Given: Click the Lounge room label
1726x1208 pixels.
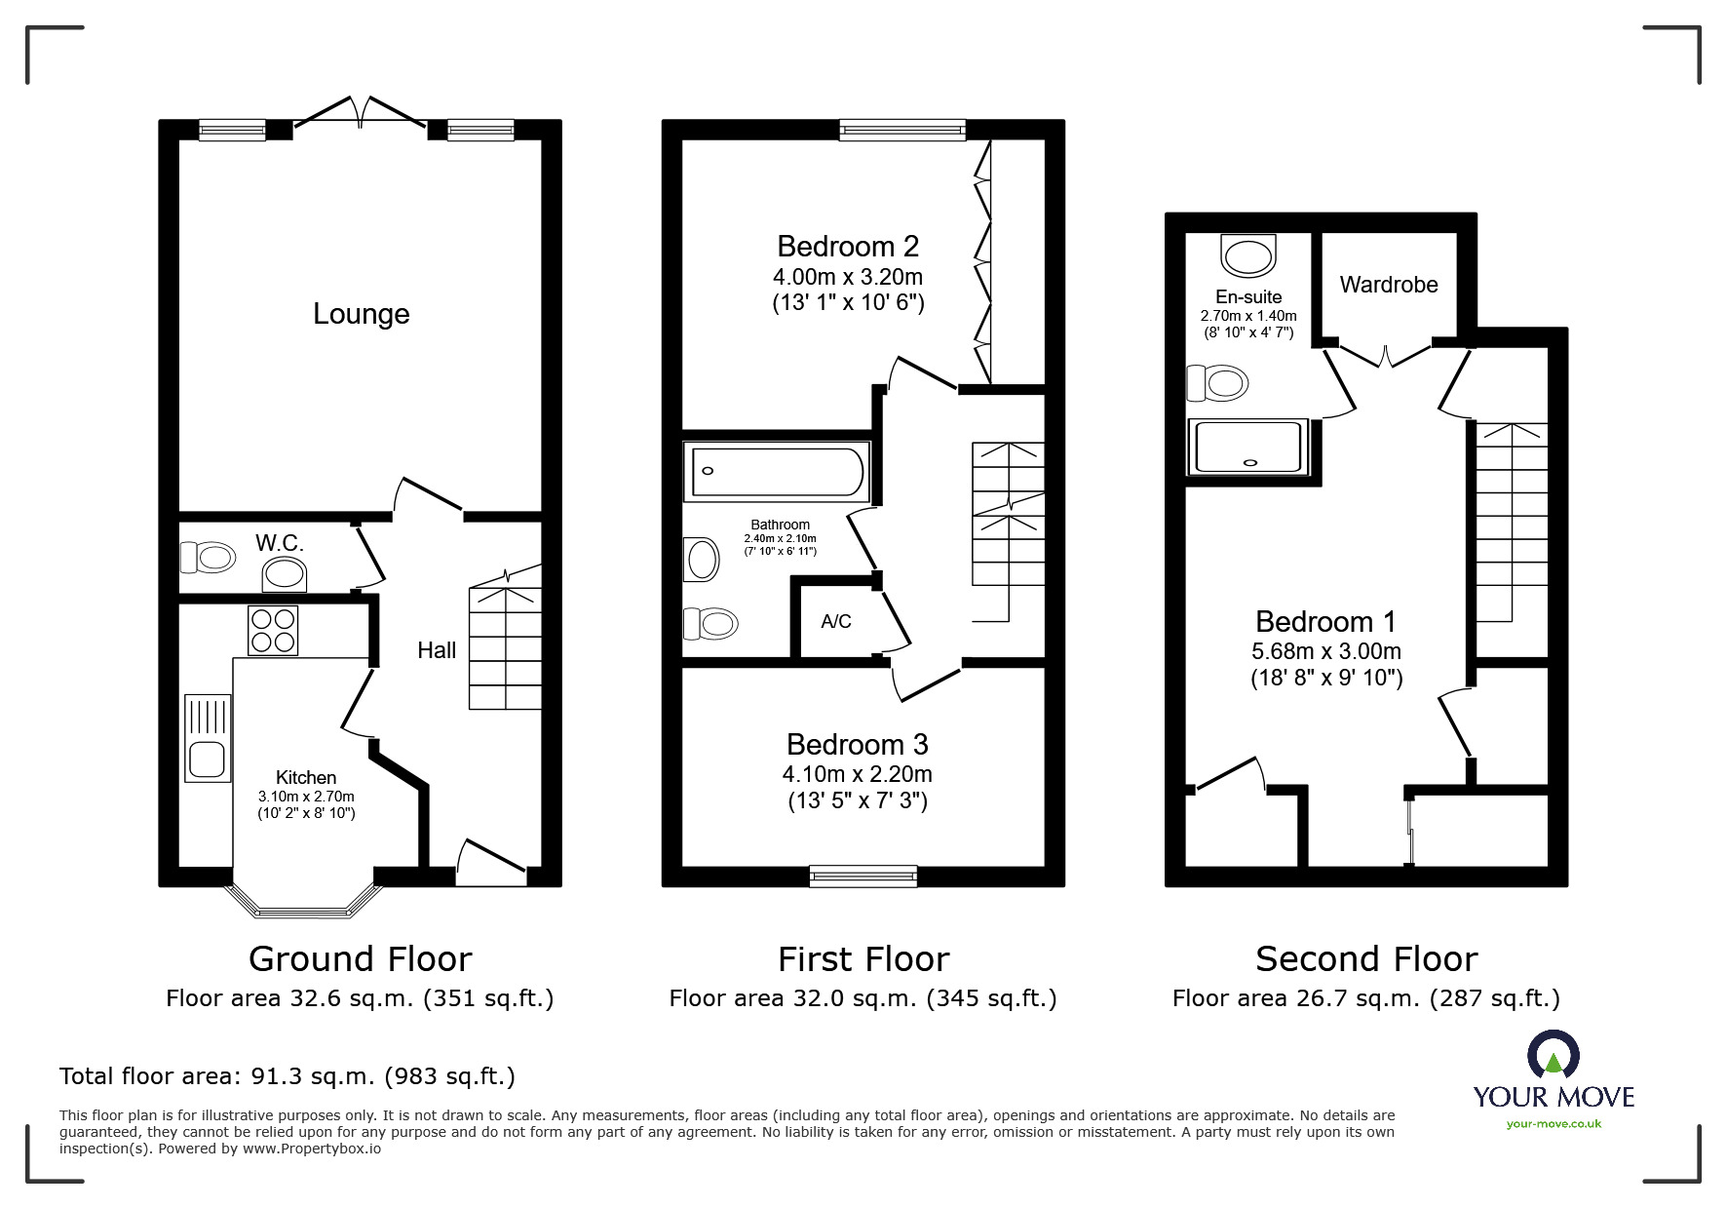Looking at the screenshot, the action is pyautogui.click(x=361, y=314).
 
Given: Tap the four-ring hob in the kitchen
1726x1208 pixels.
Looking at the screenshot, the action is pyautogui.click(x=273, y=630).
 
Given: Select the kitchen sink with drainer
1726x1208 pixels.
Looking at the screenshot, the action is pyautogui.click(x=208, y=737).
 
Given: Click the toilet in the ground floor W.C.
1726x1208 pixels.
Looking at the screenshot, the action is pyautogui.click(x=208, y=558).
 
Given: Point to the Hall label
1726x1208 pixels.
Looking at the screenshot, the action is pyautogui.click(x=437, y=650).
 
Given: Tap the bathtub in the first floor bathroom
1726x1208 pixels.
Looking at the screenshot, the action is pyautogui.click(x=777, y=472).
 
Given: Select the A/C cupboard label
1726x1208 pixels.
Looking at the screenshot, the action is pyautogui.click(x=836, y=621).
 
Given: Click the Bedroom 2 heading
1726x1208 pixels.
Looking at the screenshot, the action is pyautogui.click(x=848, y=246).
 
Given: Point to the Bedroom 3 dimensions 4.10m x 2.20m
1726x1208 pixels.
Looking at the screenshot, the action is pyautogui.click(x=858, y=774).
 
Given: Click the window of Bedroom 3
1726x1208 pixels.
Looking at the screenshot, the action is pyautogui.click(x=863, y=877).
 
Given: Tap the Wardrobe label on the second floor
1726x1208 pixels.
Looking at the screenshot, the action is pyautogui.click(x=1389, y=285).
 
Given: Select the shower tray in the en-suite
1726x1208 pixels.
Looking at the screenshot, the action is pyautogui.click(x=1248, y=448).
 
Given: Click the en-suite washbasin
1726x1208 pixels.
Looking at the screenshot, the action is pyautogui.click(x=1248, y=254).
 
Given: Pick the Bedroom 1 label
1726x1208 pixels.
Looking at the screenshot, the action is pyautogui.click(x=1325, y=621).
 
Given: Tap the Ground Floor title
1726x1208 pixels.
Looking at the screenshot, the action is pyautogui.click(x=361, y=959).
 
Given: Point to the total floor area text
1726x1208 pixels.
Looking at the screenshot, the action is pyautogui.click(x=288, y=1076).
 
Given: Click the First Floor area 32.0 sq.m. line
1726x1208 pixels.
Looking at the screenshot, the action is pyautogui.click(x=863, y=998).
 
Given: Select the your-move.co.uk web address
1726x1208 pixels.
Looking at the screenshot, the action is pyautogui.click(x=1553, y=1124).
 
